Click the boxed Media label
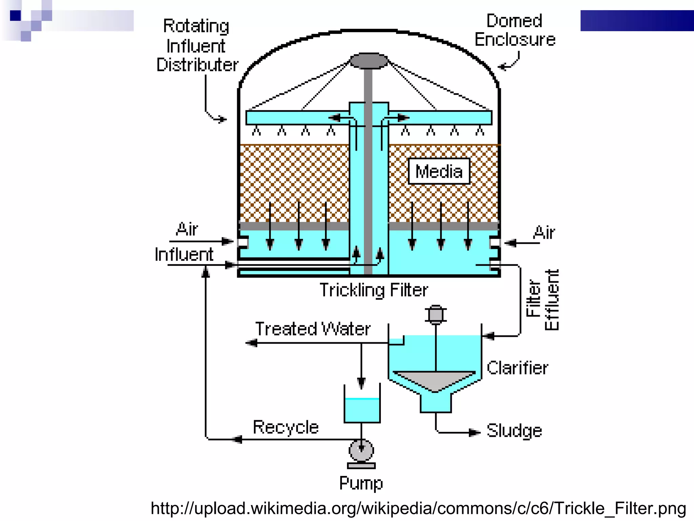pos(439,171)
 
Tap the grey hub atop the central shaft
pos(369,61)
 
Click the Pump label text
pos(361,483)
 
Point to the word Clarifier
pos(517,368)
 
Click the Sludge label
pos(514,431)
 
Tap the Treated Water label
pos(312,329)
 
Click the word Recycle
pos(286,427)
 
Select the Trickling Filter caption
pos(374,290)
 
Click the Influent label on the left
pos(184,254)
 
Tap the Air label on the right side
pos(544,232)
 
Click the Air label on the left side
pos(187,229)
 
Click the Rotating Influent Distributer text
pos(197,45)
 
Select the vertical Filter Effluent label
pos(542,300)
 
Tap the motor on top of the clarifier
pos(435,314)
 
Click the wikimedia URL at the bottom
pos(418,508)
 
